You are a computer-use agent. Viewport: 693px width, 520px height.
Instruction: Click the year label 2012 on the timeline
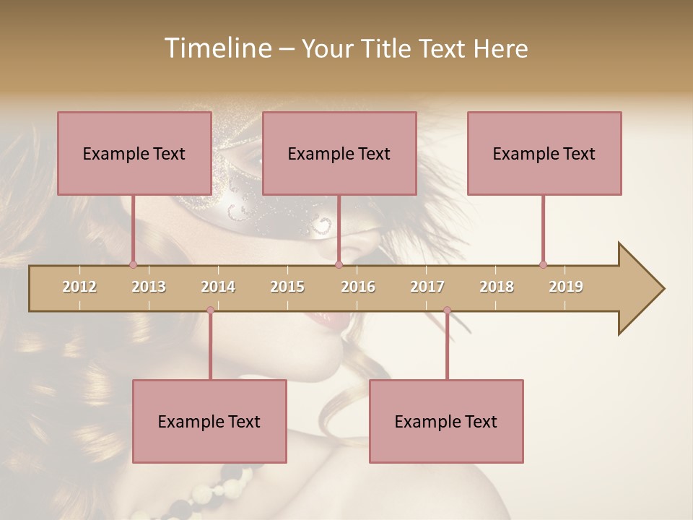(x=79, y=287)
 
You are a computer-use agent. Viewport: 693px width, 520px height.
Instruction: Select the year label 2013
(x=149, y=287)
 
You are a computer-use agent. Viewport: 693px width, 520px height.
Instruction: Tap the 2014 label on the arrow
(x=218, y=287)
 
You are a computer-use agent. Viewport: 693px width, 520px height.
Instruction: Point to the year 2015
(x=287, y=287)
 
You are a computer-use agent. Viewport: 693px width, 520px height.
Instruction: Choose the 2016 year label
(x=358, y=287)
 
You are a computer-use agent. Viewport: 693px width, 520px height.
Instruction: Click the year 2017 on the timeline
(x=427, y=287)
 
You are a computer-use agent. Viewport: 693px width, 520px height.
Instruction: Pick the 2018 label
(x=497, y=287)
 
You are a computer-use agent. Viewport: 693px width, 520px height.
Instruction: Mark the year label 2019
(x=566, y=287)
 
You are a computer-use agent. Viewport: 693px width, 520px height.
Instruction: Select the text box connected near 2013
(x=134, y=153)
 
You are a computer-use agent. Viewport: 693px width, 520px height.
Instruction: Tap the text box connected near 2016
(x=339, y=153)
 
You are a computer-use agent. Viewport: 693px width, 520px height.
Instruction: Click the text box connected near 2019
(x=544, y=153)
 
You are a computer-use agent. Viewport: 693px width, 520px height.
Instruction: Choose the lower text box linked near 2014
(x=209, y=421)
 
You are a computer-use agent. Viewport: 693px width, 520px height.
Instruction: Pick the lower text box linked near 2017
(x=446, y=421)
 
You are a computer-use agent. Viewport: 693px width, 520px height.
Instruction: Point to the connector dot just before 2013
(x=133, y=264)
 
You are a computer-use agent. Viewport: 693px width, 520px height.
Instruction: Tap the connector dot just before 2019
(x=543, y=264)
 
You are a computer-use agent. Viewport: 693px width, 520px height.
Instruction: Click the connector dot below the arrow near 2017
(x=447, y=311)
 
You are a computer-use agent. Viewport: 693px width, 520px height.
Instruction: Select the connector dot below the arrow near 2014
(x=210, y=311)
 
